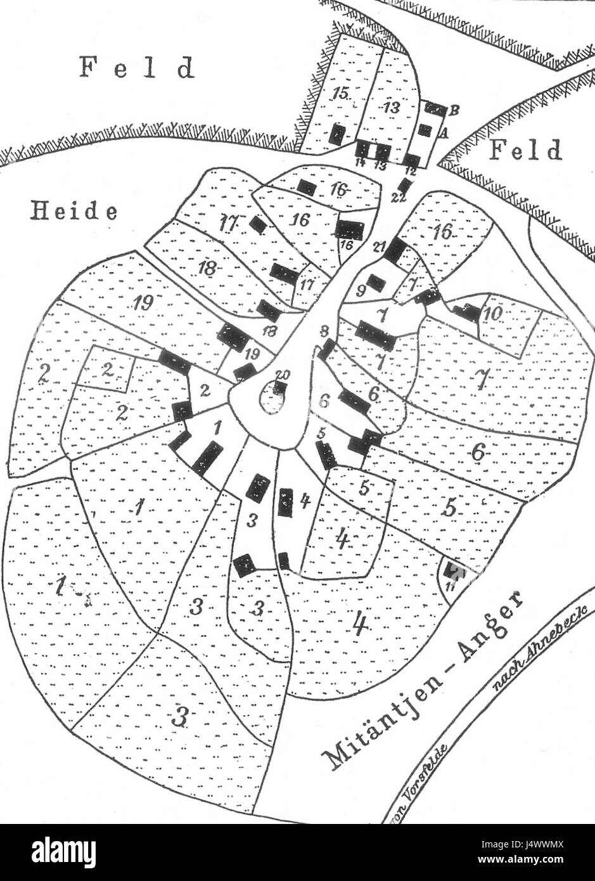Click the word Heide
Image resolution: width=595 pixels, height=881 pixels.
74,211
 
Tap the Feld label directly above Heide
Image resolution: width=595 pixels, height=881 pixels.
136,67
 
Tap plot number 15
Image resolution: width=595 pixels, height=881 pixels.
340,94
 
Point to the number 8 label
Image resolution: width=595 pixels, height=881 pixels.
324,330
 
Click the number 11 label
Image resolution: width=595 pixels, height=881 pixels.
450,586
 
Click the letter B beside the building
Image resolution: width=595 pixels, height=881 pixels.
454,110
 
